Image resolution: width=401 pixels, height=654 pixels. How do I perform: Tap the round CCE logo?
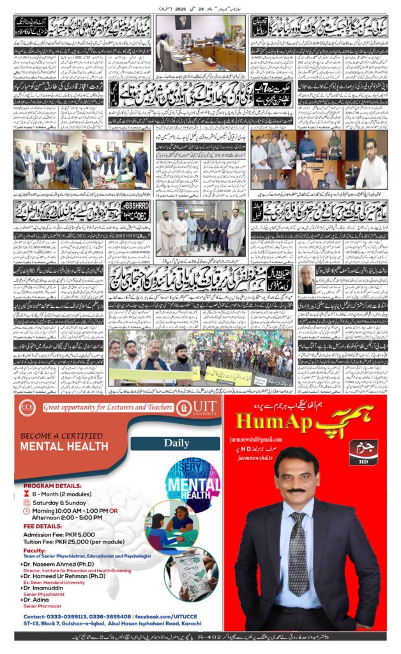point(27,406)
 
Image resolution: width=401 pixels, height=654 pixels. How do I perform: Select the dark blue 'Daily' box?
point(172,442)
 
